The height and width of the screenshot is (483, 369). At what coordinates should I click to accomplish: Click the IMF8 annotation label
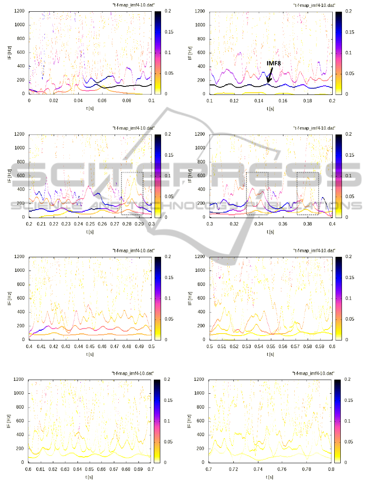[x=276, y=63]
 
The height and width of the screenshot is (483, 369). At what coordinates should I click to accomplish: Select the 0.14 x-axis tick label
[x=258, y=100]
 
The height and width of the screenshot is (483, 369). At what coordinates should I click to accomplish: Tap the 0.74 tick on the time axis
[x=258, y=469]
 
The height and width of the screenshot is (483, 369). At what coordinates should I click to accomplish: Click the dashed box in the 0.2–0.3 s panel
[x=132, y=193]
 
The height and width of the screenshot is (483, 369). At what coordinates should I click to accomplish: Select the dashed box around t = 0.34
[x=257, y=193]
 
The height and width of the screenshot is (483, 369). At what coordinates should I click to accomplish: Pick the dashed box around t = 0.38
[x=308, y=193]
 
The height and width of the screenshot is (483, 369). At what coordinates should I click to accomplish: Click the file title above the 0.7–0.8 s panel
[x=313, y=374]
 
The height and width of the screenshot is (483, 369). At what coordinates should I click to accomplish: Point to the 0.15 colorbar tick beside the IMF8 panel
[x=351, y=31]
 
